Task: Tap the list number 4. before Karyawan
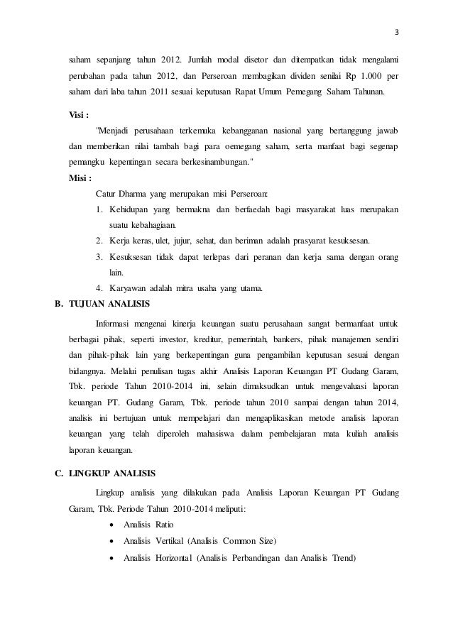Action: (x=99, y=288)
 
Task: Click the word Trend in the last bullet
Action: (x=343, y=557)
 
